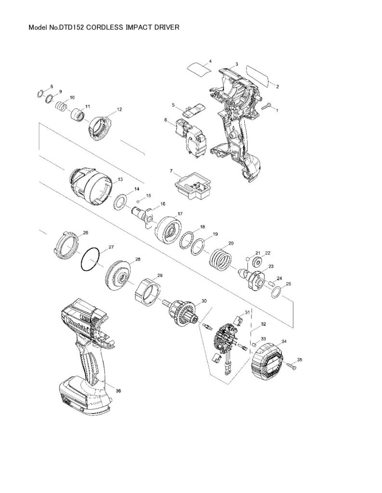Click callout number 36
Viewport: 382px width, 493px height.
pyautogui.click(x=119, y=391)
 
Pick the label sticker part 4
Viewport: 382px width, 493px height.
pyautogui.click(x=200, y=69)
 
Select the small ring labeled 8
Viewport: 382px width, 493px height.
pyautogui.click(x=41, y=94)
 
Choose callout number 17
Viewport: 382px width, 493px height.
pyautogui.click(x=180, y=213)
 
